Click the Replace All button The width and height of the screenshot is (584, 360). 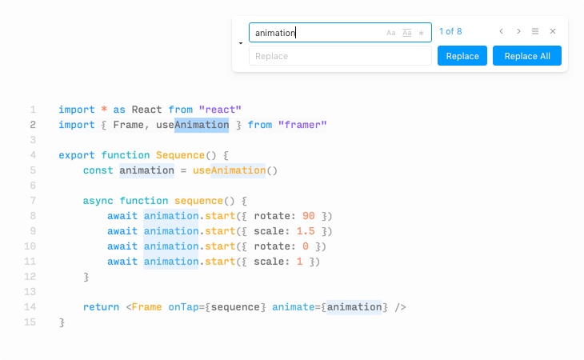click(x=526, y=56)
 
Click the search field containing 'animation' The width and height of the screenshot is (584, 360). click(x=340, y=32)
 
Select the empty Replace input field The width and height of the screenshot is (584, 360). click(x=340, y=56)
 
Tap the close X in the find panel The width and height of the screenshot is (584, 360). click(x=553, y=31)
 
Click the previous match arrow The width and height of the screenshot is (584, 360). click(x=502, y=31)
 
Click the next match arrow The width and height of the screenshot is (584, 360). click(x=518, y=31)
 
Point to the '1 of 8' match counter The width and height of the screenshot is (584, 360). click(x=450, y=31)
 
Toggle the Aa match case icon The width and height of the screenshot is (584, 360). click(x=390, y=33)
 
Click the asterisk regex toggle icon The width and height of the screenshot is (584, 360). click(x=422, y=33)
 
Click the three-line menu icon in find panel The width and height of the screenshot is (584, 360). click(x=535, y=31)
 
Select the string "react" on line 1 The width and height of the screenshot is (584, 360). click(x=220, y=110)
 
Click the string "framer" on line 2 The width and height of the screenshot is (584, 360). click(x=302, y=125)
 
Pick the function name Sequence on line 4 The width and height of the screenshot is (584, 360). click(x=180, y=155)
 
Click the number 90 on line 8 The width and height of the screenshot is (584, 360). click(x=308, y=216)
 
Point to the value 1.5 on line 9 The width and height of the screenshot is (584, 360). click(x=306, y=231)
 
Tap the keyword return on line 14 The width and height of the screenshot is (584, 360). click(x=101, y=307)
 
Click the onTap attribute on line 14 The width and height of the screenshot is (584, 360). click(x=183, y=307)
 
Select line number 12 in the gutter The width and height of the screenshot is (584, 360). click(x=30, y=277)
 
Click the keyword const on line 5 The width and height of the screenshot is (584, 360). click(x=98, y=170)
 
